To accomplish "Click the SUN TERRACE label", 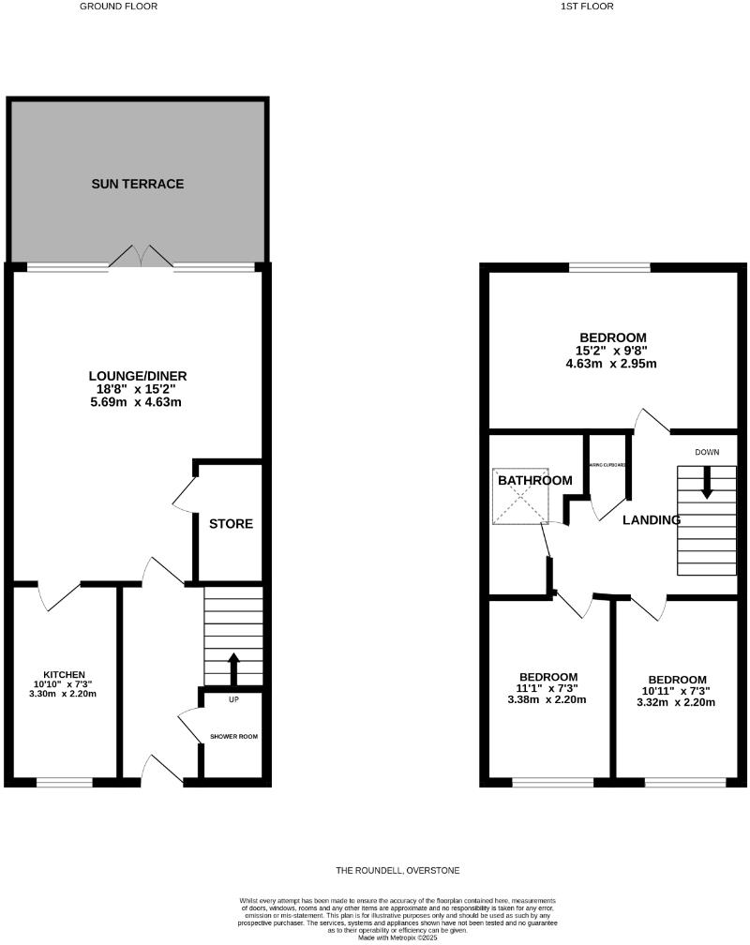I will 137,184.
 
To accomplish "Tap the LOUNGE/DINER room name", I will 139,377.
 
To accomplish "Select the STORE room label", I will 231,523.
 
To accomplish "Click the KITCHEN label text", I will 65,674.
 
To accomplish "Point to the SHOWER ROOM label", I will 233,736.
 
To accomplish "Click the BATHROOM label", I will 534,481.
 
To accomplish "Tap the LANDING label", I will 652,519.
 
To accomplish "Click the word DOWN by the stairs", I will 707,453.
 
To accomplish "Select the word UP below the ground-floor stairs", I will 233,699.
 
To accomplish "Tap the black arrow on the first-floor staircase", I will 707,480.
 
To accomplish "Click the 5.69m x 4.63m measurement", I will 139,403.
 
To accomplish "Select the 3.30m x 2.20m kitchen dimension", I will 65,695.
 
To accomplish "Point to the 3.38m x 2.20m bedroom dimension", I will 548,699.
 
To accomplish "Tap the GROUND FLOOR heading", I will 118,6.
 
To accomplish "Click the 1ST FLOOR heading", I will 587,6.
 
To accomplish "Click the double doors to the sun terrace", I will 141,256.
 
